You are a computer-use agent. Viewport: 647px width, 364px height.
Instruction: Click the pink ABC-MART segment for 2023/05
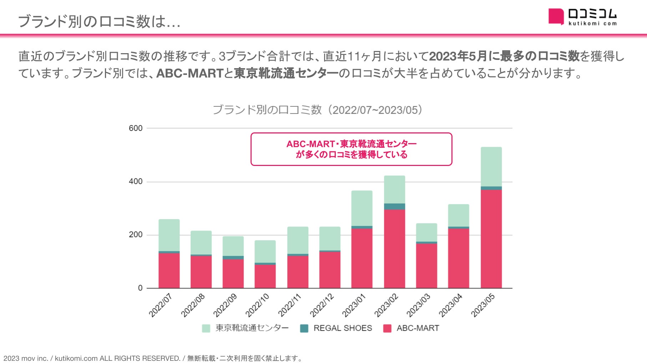point(491,239)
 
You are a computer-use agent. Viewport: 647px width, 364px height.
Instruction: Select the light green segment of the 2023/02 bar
point(394,189)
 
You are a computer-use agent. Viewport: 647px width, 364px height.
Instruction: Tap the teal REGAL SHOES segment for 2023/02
point(394,207)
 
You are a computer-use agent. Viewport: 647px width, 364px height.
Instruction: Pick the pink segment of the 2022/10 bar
point(265,276)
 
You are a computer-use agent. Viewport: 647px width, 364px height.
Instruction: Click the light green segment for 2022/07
point(169,235)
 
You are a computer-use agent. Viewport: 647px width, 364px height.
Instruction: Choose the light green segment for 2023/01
point(362,208)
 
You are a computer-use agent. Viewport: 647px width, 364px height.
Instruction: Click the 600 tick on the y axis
point(136,128)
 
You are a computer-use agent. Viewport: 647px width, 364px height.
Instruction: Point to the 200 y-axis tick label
point(136,235)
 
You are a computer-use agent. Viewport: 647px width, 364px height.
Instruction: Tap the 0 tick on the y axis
point(140,288)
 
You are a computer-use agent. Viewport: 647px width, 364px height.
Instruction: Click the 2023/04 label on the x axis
point(450,305)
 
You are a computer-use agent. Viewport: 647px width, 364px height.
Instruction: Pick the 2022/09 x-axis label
point(225,305)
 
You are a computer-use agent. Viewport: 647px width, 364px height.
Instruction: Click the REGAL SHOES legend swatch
point(304,328)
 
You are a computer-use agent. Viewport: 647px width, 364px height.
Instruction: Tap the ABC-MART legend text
point(418,328)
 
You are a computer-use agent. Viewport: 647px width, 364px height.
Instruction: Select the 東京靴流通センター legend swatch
point(206,328)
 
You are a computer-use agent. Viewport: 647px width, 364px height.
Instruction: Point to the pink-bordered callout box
point(351,149)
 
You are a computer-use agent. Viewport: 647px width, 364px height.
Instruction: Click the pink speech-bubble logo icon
point(556,16)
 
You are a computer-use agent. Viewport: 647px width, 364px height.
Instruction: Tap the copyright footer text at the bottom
point(153,358)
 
